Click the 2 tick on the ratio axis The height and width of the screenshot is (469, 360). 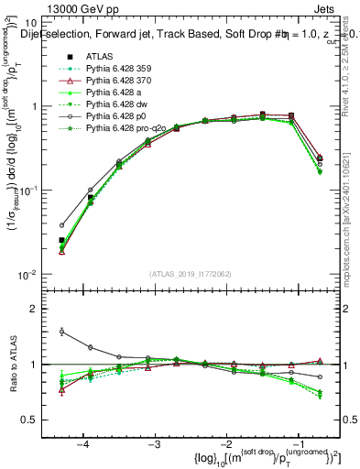[x=42, y=309]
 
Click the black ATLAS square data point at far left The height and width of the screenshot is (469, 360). [x=61, y=240]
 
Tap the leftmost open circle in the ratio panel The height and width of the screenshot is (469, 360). [x=61, y=332]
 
